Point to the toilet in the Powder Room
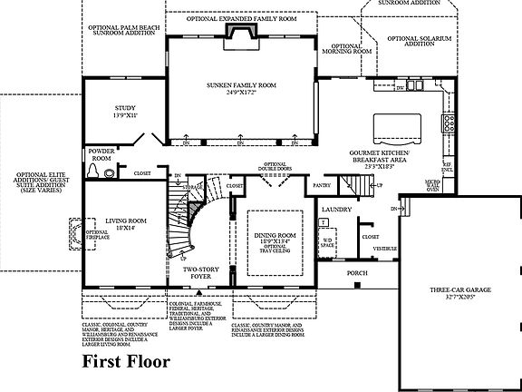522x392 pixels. [93, 170]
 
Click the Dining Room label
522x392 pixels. [275, 238]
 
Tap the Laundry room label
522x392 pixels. [336, 210]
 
